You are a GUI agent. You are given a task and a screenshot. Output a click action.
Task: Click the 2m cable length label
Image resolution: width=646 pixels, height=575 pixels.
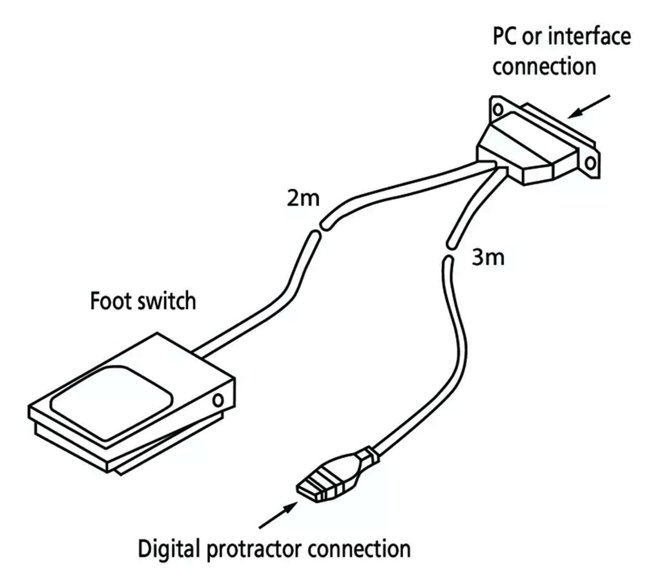coord(302,198)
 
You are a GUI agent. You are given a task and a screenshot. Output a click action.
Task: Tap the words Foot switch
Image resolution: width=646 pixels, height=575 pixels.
coord(142,301)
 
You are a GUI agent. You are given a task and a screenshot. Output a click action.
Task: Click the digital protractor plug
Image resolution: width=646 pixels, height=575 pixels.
coord(329,478)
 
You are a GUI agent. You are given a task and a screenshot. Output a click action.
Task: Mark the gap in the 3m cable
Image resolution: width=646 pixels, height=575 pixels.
coord(448,252)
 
